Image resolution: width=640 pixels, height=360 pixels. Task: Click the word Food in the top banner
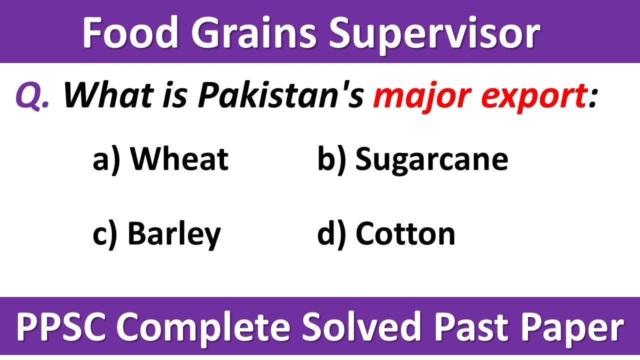click(x=129, y=33)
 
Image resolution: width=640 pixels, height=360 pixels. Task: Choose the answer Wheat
click(x=179, y=159)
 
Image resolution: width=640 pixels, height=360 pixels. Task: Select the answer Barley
click(x=174, y=234)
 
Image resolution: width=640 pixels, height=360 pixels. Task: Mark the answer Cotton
click(x=405, y=233)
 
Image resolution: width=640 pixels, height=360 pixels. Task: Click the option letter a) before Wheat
click(x=106, y=159)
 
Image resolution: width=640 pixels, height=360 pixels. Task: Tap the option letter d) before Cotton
click(x=331, y=233)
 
